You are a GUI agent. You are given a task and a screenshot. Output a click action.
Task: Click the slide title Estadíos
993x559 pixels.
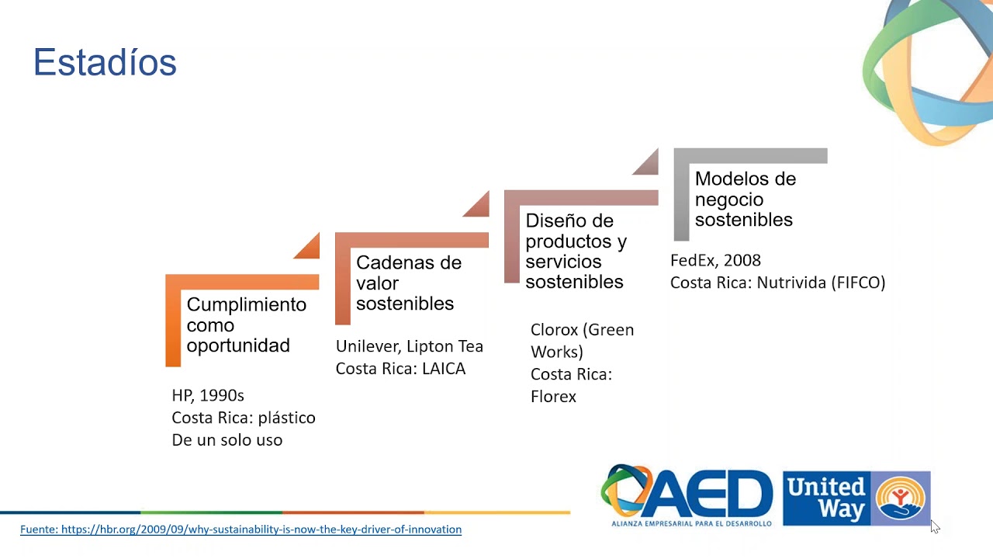tap(105, 63)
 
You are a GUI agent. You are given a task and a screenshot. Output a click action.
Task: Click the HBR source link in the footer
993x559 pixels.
tap(240, 529)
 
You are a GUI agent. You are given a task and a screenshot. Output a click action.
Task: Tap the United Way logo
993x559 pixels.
tap(856, 498)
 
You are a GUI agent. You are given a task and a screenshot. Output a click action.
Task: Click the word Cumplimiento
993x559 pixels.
tap(247, 305)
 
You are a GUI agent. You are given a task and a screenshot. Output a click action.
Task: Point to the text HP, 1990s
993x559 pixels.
tap(208, 395)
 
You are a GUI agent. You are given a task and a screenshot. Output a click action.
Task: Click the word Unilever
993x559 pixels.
tap(368, 346)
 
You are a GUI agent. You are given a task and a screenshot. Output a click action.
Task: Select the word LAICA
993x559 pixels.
tap(444, 369)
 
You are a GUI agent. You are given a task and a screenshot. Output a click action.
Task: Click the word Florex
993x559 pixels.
tap(553, 397)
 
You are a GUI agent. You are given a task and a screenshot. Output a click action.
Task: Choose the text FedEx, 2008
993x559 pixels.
tap(715, 260)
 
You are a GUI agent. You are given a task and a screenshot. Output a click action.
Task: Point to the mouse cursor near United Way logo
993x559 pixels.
tap(935, 526)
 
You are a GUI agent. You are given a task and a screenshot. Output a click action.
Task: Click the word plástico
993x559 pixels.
tap(287, 418)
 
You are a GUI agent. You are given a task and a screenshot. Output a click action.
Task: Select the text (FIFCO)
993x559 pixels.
tap(858, 283)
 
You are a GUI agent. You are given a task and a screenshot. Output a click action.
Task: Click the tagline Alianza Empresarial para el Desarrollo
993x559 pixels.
tap(691, 523)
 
